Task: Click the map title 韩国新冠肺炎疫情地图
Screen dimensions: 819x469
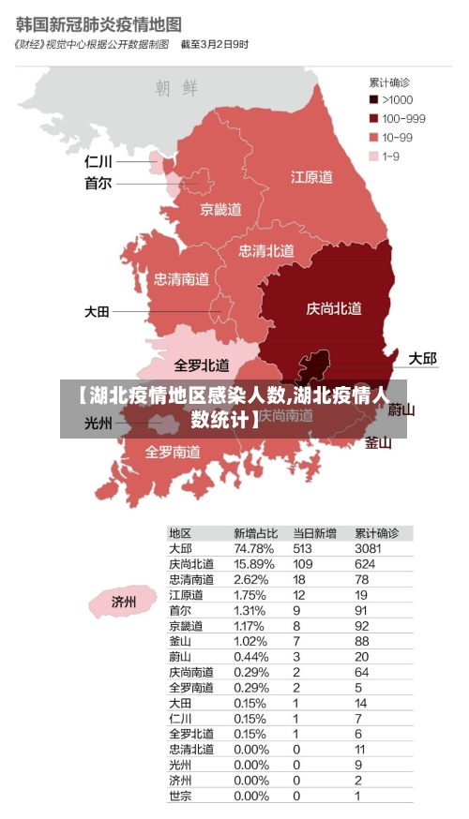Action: (98, 22)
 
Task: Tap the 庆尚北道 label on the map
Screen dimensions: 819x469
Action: (334, 308)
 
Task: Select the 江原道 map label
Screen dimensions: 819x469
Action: (311, 176)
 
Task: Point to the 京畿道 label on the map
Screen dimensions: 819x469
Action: (221, 209)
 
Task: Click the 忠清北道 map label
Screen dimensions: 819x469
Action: (266, 250)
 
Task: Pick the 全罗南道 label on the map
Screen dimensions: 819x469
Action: (172, 452)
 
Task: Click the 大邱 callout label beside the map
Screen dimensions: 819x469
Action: (422, 359)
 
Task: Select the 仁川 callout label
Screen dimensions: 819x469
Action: (98, 161)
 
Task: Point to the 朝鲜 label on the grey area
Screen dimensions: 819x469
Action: (177, 88)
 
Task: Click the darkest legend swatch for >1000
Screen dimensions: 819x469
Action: (373, 99)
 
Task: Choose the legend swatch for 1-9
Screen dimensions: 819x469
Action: (373, 156)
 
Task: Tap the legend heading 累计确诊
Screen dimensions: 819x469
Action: (390, 82)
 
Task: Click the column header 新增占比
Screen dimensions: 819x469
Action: (255, 532)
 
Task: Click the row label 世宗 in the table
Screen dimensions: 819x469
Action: (180, 796)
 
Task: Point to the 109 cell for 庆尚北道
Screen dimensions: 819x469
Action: (302, 564)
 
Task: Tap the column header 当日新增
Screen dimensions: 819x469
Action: (314, 532)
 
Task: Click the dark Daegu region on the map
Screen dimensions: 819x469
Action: (313, 366)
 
